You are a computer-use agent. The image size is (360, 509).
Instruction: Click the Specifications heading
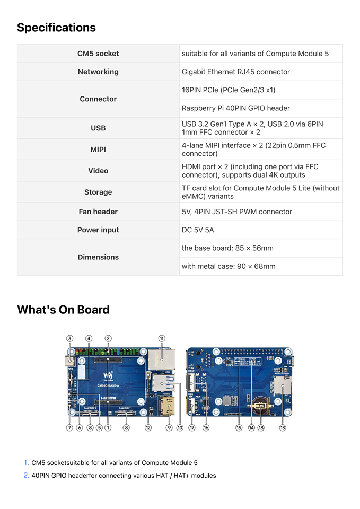(x=56, y=28)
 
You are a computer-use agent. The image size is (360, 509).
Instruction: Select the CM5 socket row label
(x=98, y=54)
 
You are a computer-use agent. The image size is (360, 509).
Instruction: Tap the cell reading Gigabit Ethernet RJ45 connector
(x=236, y=72)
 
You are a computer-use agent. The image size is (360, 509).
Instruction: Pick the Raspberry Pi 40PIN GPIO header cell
(x=236, y=108)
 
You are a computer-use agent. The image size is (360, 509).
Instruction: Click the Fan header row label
(x=98, y=212)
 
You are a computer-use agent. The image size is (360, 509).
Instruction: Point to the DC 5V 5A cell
(x=198, y=230)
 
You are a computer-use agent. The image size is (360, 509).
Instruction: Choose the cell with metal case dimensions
(x=229, y=266)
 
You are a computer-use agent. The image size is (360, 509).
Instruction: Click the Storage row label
(x=98, y=192)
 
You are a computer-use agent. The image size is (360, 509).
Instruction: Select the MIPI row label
(x=98, y=150)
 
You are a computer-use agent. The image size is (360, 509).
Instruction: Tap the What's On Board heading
(x=63, y=310)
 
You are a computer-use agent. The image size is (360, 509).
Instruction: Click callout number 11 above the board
(x=162, y=338)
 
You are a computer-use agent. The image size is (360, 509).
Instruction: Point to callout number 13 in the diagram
(x=283, y=428)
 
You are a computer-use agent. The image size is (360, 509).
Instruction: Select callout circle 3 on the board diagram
(x=69, y=338)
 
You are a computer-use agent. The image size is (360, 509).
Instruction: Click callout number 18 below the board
(x=261, y=428)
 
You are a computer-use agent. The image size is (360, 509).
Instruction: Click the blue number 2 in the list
(x=26, y=476)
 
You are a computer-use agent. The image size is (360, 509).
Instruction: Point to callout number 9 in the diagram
(x=169, y=428)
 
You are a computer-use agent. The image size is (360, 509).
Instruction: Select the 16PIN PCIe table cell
(x=229, y=90)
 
